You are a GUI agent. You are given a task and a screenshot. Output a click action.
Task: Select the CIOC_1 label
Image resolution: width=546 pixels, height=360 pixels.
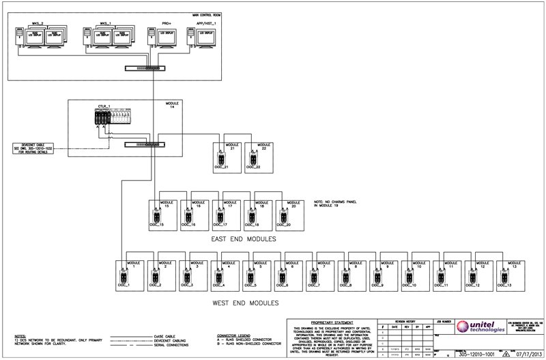coord(123,285)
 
